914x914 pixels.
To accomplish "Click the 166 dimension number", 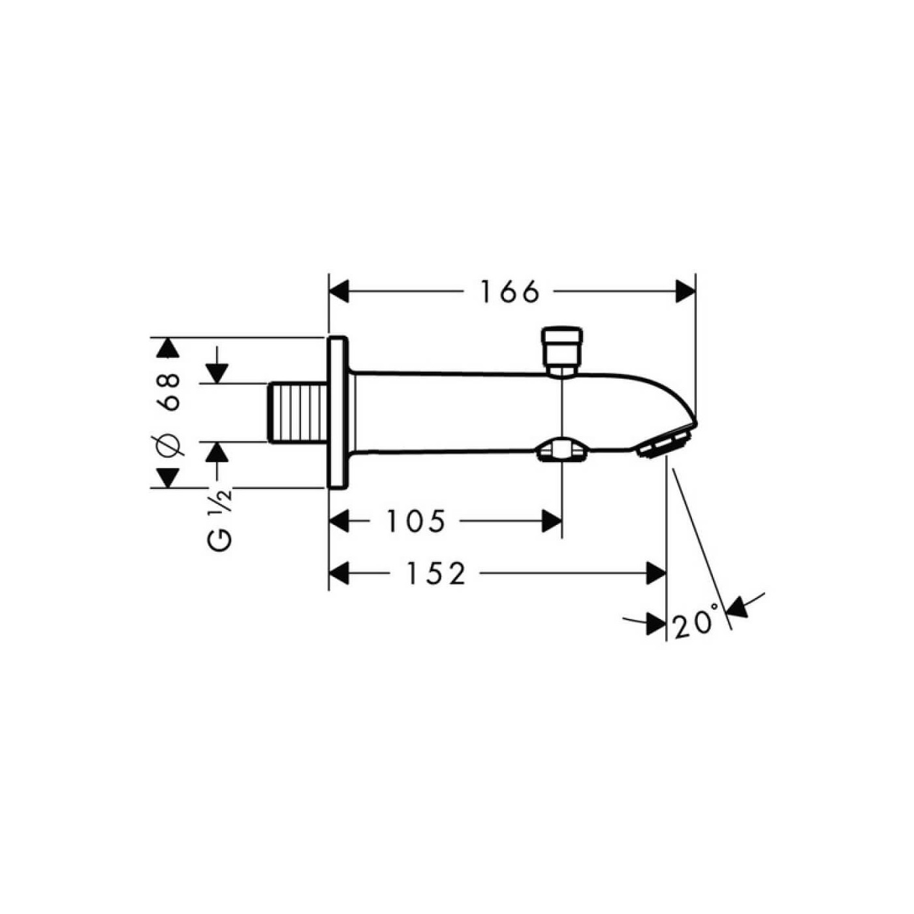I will click(511, 292).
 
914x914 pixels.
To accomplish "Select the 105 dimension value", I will click(416, 521).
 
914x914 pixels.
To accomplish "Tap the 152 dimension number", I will click(436, 574).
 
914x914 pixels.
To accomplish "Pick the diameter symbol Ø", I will click(168, 445).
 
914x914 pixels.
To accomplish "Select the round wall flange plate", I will click(338, 413).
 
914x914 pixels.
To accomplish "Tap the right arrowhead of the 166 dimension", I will click(685, 292).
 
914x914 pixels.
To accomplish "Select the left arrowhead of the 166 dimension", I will click(340, 292).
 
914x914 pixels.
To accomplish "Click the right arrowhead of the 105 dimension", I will click(552, 521).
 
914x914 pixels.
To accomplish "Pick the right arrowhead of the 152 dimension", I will click(655, 574).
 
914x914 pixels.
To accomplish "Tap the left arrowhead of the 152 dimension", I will click(339, 574).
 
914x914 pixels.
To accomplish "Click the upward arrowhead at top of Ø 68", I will click(168, 348).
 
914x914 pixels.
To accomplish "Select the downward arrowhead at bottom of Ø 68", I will click(168, 477).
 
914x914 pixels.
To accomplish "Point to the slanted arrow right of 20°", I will click(741, 606).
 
